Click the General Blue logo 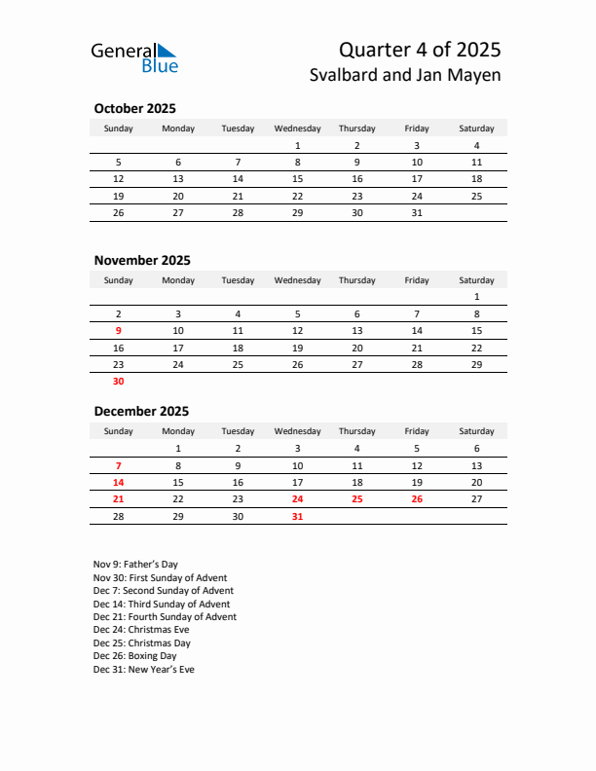[134, 57]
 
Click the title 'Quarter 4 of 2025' [420, 50]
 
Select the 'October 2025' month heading [134, 109]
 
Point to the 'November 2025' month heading [142, 260]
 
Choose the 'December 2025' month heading [141, 411]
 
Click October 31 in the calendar [417, 213]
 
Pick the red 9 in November [119, 331]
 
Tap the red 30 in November [119, 382]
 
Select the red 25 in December [356, 499]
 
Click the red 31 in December [297, 517]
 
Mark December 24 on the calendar [297, 499]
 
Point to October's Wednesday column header [297, 128]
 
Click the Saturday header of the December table [476, 431]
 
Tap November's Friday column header [417, 280]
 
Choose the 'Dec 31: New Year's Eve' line [144, 670]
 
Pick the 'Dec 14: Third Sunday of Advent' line [162, 604]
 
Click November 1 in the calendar [476, 297]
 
